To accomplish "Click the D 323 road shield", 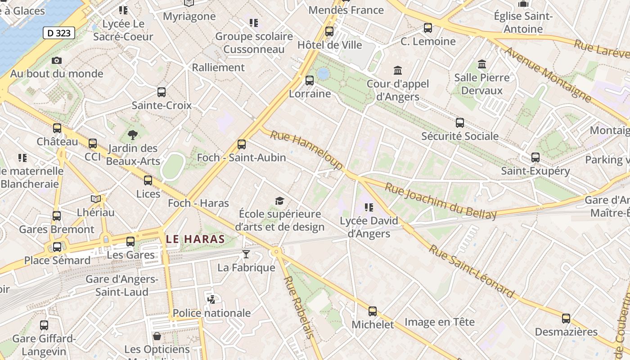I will [59, 33].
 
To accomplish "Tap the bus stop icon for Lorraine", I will [310, 81].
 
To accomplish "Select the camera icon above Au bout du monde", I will [57, 60].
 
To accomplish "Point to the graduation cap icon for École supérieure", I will [280, 200].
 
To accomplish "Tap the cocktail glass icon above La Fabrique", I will [246, 254].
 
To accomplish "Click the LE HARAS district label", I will [195, 239].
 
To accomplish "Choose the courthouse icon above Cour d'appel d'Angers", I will [398, 70].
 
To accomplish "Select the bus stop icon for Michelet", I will [373, 311].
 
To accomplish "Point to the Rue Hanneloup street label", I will [307, 150].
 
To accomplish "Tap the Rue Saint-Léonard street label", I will [471, 271].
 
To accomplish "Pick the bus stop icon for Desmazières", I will [566, 319].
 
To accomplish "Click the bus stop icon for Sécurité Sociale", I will [460, 122].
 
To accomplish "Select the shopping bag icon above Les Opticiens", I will [157, 336].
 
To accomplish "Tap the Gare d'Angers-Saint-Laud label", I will [122, 285].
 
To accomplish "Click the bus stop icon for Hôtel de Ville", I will [329, 31].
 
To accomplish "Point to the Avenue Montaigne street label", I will [548, 73].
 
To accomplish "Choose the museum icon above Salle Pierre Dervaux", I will [482, 64].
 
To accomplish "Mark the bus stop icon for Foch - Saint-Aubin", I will [242, 144].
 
